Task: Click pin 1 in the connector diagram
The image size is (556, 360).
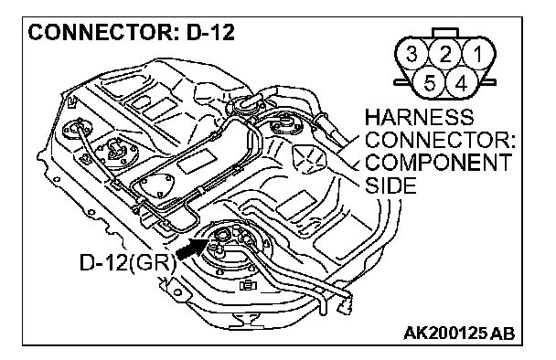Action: coord(478,54)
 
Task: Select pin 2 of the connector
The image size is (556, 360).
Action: coord(445,54)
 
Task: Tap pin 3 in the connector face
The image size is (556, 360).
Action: coord(412,54)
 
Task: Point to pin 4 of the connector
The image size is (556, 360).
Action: coord(462,84)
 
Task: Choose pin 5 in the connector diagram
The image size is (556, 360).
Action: coord(429,84)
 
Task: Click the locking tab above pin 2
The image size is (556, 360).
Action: coord(445,33)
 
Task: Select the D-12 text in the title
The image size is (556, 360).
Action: coord(210,32)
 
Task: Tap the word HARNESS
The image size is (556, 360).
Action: coord(419,117)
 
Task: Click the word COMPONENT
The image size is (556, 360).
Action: coord(438,163)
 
